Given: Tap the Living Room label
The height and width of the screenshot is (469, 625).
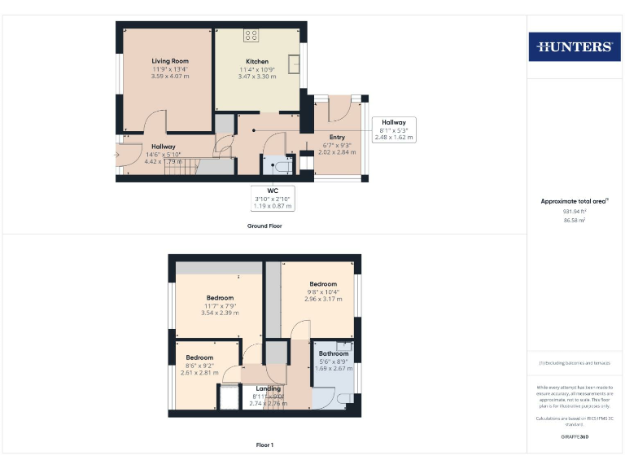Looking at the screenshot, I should [x=170, y=61].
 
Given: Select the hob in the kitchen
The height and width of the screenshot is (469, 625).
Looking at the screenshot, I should [x=251, y=35].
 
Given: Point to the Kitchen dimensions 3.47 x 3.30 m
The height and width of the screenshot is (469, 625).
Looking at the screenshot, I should [x=257, y=76].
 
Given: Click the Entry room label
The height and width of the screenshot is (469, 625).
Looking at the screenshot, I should [x=337, y=137].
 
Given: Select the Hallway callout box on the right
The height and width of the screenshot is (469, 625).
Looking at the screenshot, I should [x=394, y=129].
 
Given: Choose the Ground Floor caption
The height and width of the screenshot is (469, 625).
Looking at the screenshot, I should [x=264, y=226].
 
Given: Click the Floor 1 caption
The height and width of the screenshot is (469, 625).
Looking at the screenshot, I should [x=264, y=445].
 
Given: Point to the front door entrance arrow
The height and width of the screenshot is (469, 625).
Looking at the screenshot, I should [x=118, y=153].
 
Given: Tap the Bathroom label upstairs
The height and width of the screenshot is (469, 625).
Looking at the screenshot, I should [x=334, y=353].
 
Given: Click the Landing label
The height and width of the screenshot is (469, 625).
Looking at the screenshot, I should [x=268, y=388].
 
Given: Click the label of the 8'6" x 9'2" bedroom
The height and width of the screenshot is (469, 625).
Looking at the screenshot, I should [x=199, y=357].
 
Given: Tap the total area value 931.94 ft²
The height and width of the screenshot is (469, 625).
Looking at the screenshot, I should [x=575, y=211].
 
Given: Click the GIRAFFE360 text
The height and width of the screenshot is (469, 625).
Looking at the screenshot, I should [x=575, y=437].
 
